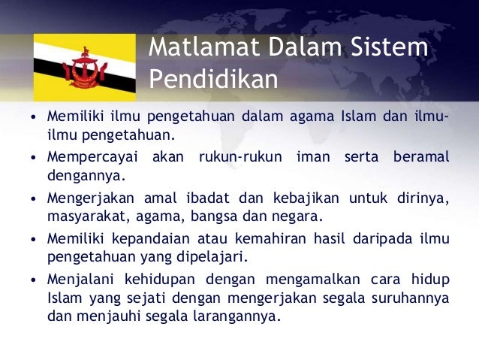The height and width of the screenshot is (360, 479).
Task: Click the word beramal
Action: [420, 158]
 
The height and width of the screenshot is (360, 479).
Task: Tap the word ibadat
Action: [205, 198]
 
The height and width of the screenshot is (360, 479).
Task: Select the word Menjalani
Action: [81, 280]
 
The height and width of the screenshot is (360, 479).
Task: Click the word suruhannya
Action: [412, 298]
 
